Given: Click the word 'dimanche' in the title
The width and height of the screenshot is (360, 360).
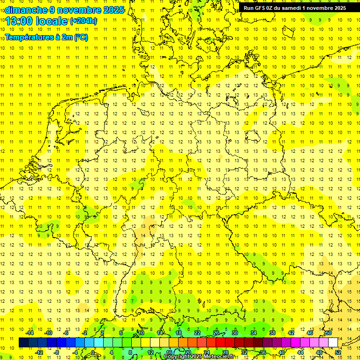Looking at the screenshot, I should (26, 9).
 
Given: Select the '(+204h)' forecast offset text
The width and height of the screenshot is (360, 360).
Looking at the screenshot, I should (83, 21).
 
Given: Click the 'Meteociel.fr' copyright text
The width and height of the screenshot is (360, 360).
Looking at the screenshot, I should (218, 357).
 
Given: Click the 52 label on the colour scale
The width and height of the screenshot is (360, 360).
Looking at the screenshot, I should (338, 352).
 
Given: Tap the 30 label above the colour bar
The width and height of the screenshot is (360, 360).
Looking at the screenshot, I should (235, 333).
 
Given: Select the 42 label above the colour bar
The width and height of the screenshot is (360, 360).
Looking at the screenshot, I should (291, 333).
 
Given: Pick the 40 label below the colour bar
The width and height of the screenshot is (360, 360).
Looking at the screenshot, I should (282, 352).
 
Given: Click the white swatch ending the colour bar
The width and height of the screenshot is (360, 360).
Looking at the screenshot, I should (333, 343).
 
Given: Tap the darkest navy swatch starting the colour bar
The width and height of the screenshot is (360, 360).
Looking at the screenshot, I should (23, 343).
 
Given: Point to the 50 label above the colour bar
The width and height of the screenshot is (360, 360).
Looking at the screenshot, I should (329, 333).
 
